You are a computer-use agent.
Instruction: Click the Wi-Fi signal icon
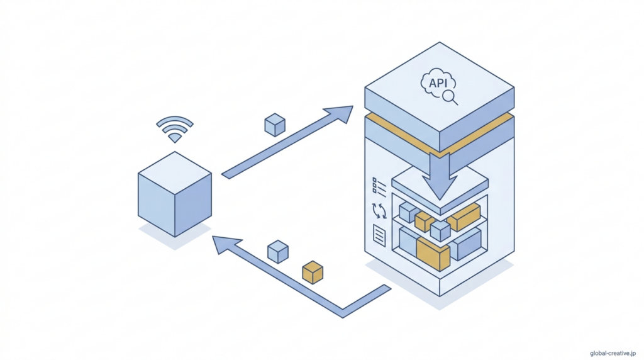174,128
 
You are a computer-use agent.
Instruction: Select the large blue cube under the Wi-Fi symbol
174,194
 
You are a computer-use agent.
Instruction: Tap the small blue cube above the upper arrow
275,125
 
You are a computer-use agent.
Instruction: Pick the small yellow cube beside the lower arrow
313,272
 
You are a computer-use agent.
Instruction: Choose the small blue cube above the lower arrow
278,251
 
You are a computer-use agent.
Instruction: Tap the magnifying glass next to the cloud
450,97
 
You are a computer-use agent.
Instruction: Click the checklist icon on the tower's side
379,186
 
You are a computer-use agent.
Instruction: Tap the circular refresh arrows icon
379,210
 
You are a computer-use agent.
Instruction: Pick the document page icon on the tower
379,235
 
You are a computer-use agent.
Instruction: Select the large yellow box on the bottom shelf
433,254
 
